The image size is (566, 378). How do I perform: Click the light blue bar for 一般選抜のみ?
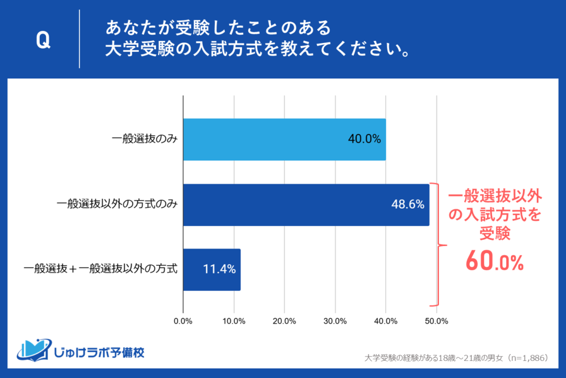click(284, 140)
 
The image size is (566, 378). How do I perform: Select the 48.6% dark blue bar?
click(306, 205)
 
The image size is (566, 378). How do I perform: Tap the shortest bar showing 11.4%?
click(212, 270)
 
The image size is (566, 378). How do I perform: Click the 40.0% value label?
click(364, 140)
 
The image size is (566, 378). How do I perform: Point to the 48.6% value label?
click(407, 205)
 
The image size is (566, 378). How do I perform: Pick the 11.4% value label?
click(219, 270)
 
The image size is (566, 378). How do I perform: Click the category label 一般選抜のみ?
click(144, 140)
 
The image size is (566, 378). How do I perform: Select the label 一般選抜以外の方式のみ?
click(117, 205)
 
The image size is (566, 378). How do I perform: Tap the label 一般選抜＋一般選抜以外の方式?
click(101, 270)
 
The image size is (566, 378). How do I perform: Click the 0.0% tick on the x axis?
click(183, 321)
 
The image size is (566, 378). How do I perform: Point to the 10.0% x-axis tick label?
click(234, 321)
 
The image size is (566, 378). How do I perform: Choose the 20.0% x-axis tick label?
click(284, 321)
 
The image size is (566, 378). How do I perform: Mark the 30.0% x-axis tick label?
click(335, 321)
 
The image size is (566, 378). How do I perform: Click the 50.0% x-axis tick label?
click(437, 321)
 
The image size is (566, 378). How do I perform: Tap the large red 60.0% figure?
click(494, 260)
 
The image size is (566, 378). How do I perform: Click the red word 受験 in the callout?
click(494, 234)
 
